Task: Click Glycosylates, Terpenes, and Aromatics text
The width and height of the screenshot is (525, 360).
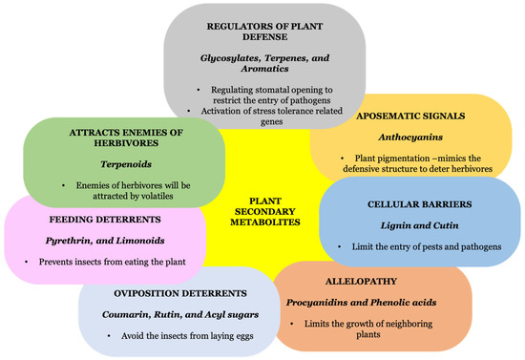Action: [261, 65]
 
